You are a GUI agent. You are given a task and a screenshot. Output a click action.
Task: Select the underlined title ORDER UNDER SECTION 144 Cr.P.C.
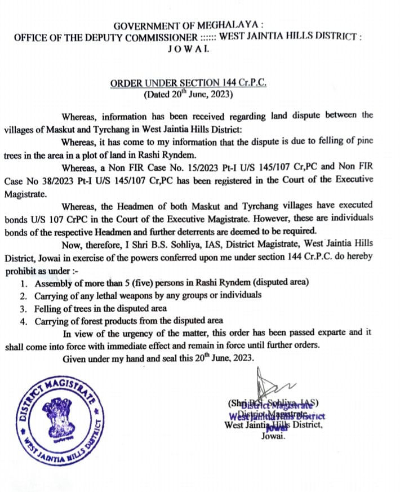[188, 83]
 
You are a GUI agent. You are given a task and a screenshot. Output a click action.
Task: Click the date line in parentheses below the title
[188, 94]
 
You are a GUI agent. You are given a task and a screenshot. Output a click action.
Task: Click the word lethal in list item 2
[114, 296]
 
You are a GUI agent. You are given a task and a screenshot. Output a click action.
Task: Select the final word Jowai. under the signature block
[273, 436]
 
